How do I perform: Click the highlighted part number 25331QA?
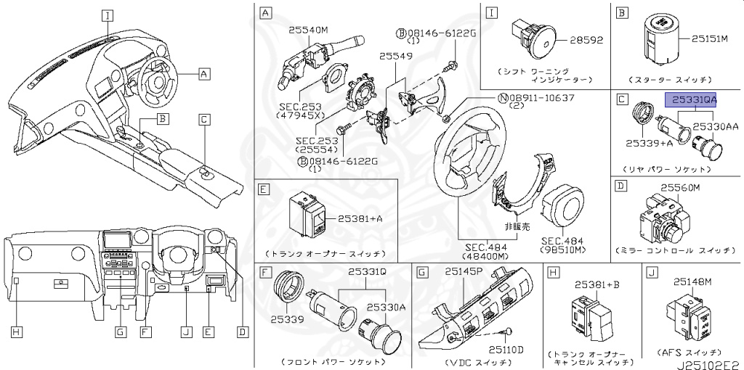(691, 99)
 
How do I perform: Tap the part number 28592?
(581, 41)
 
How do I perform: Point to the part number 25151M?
(715, 38)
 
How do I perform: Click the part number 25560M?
(679, 188)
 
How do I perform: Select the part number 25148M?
(695, 281)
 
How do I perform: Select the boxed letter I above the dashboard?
(108, 14)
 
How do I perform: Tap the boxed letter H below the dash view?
(16, 332)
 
